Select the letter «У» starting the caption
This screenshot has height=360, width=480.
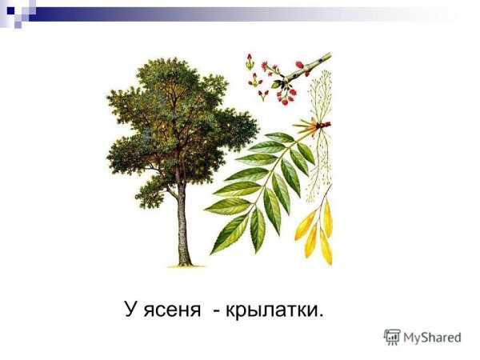point(130,308)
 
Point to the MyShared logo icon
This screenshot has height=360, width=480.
point(391,337)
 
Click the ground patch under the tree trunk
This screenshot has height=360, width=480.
point(185,264)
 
